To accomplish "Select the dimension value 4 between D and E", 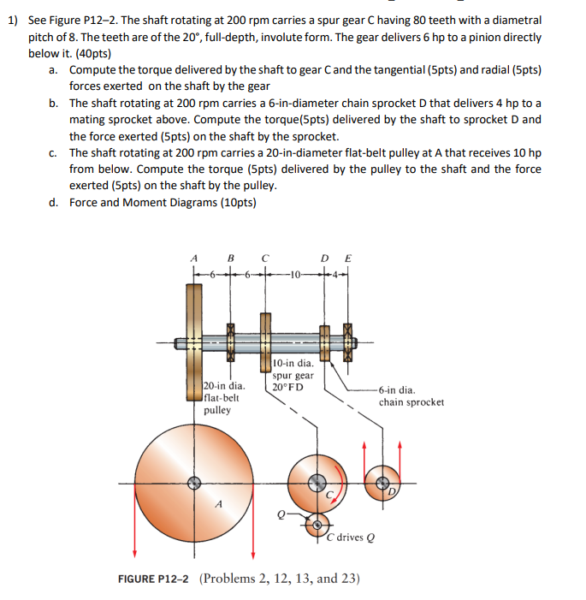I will click(336, 276).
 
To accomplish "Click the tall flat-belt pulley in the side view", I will click(194, 342).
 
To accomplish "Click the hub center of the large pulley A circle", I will click(195, 483).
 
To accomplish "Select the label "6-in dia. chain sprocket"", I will click(411, 395).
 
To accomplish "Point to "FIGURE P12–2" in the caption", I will click(155, 578).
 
